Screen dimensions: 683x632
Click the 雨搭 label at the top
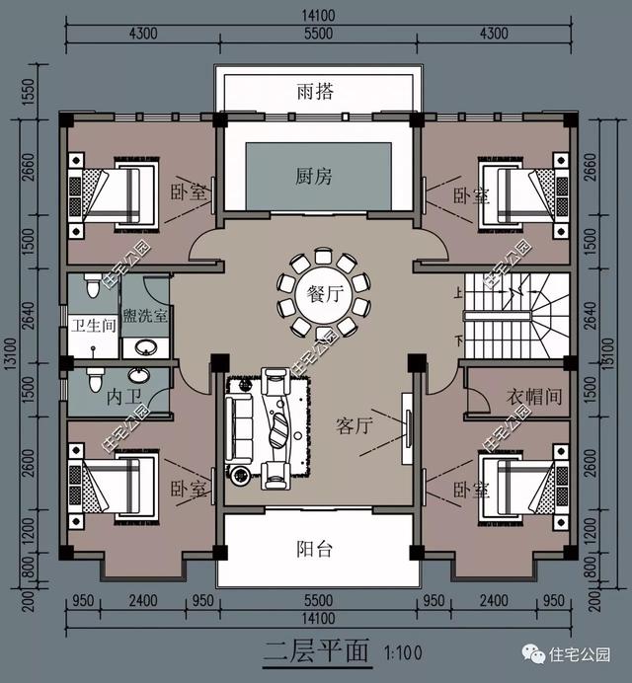click(x=315, y=92)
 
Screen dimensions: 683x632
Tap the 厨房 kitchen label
click(x=315, y=177)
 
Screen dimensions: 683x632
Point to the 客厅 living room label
click(x=354, y=425)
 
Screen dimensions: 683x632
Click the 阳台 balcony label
click(x=315, y=550)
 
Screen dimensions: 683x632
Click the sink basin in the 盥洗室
click(x=145, y=346)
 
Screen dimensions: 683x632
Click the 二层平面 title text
click(x=315, y=653)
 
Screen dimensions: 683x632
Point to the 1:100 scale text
click(x=402, y=653)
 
